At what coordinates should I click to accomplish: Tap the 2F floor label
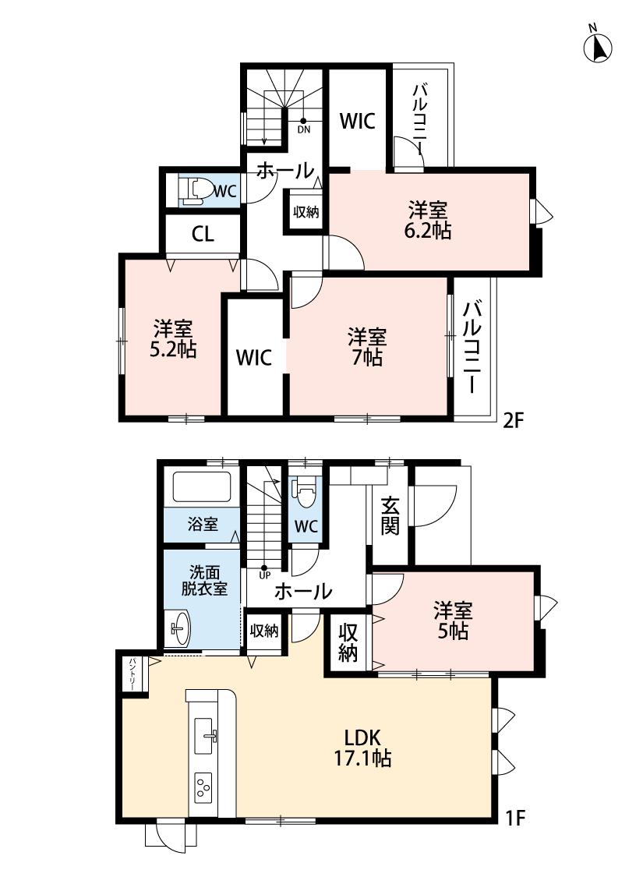coord(513,419)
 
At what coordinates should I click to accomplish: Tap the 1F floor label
coord(515,818)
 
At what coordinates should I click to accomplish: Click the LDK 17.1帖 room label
coord(362,748)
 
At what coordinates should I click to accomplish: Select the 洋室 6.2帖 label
coord(428,221)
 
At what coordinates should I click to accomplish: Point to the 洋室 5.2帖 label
coord(173,338)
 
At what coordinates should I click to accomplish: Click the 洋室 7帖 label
coord(367,347)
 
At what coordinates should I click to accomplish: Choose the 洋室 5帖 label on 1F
coord(453,621)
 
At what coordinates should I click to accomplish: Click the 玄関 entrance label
coord(390,516)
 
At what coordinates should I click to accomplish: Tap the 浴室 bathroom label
coord(203,524)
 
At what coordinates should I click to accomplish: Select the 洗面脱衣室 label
coord(205,580)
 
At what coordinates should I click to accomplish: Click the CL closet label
coord(203,234)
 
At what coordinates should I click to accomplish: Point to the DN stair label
coord(304,129)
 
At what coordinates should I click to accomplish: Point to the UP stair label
coord(264,575)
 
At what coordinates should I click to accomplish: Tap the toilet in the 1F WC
coord(306,492)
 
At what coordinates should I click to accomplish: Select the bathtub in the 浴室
coord(202,487)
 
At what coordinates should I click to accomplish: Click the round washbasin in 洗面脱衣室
coord(180,628)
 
